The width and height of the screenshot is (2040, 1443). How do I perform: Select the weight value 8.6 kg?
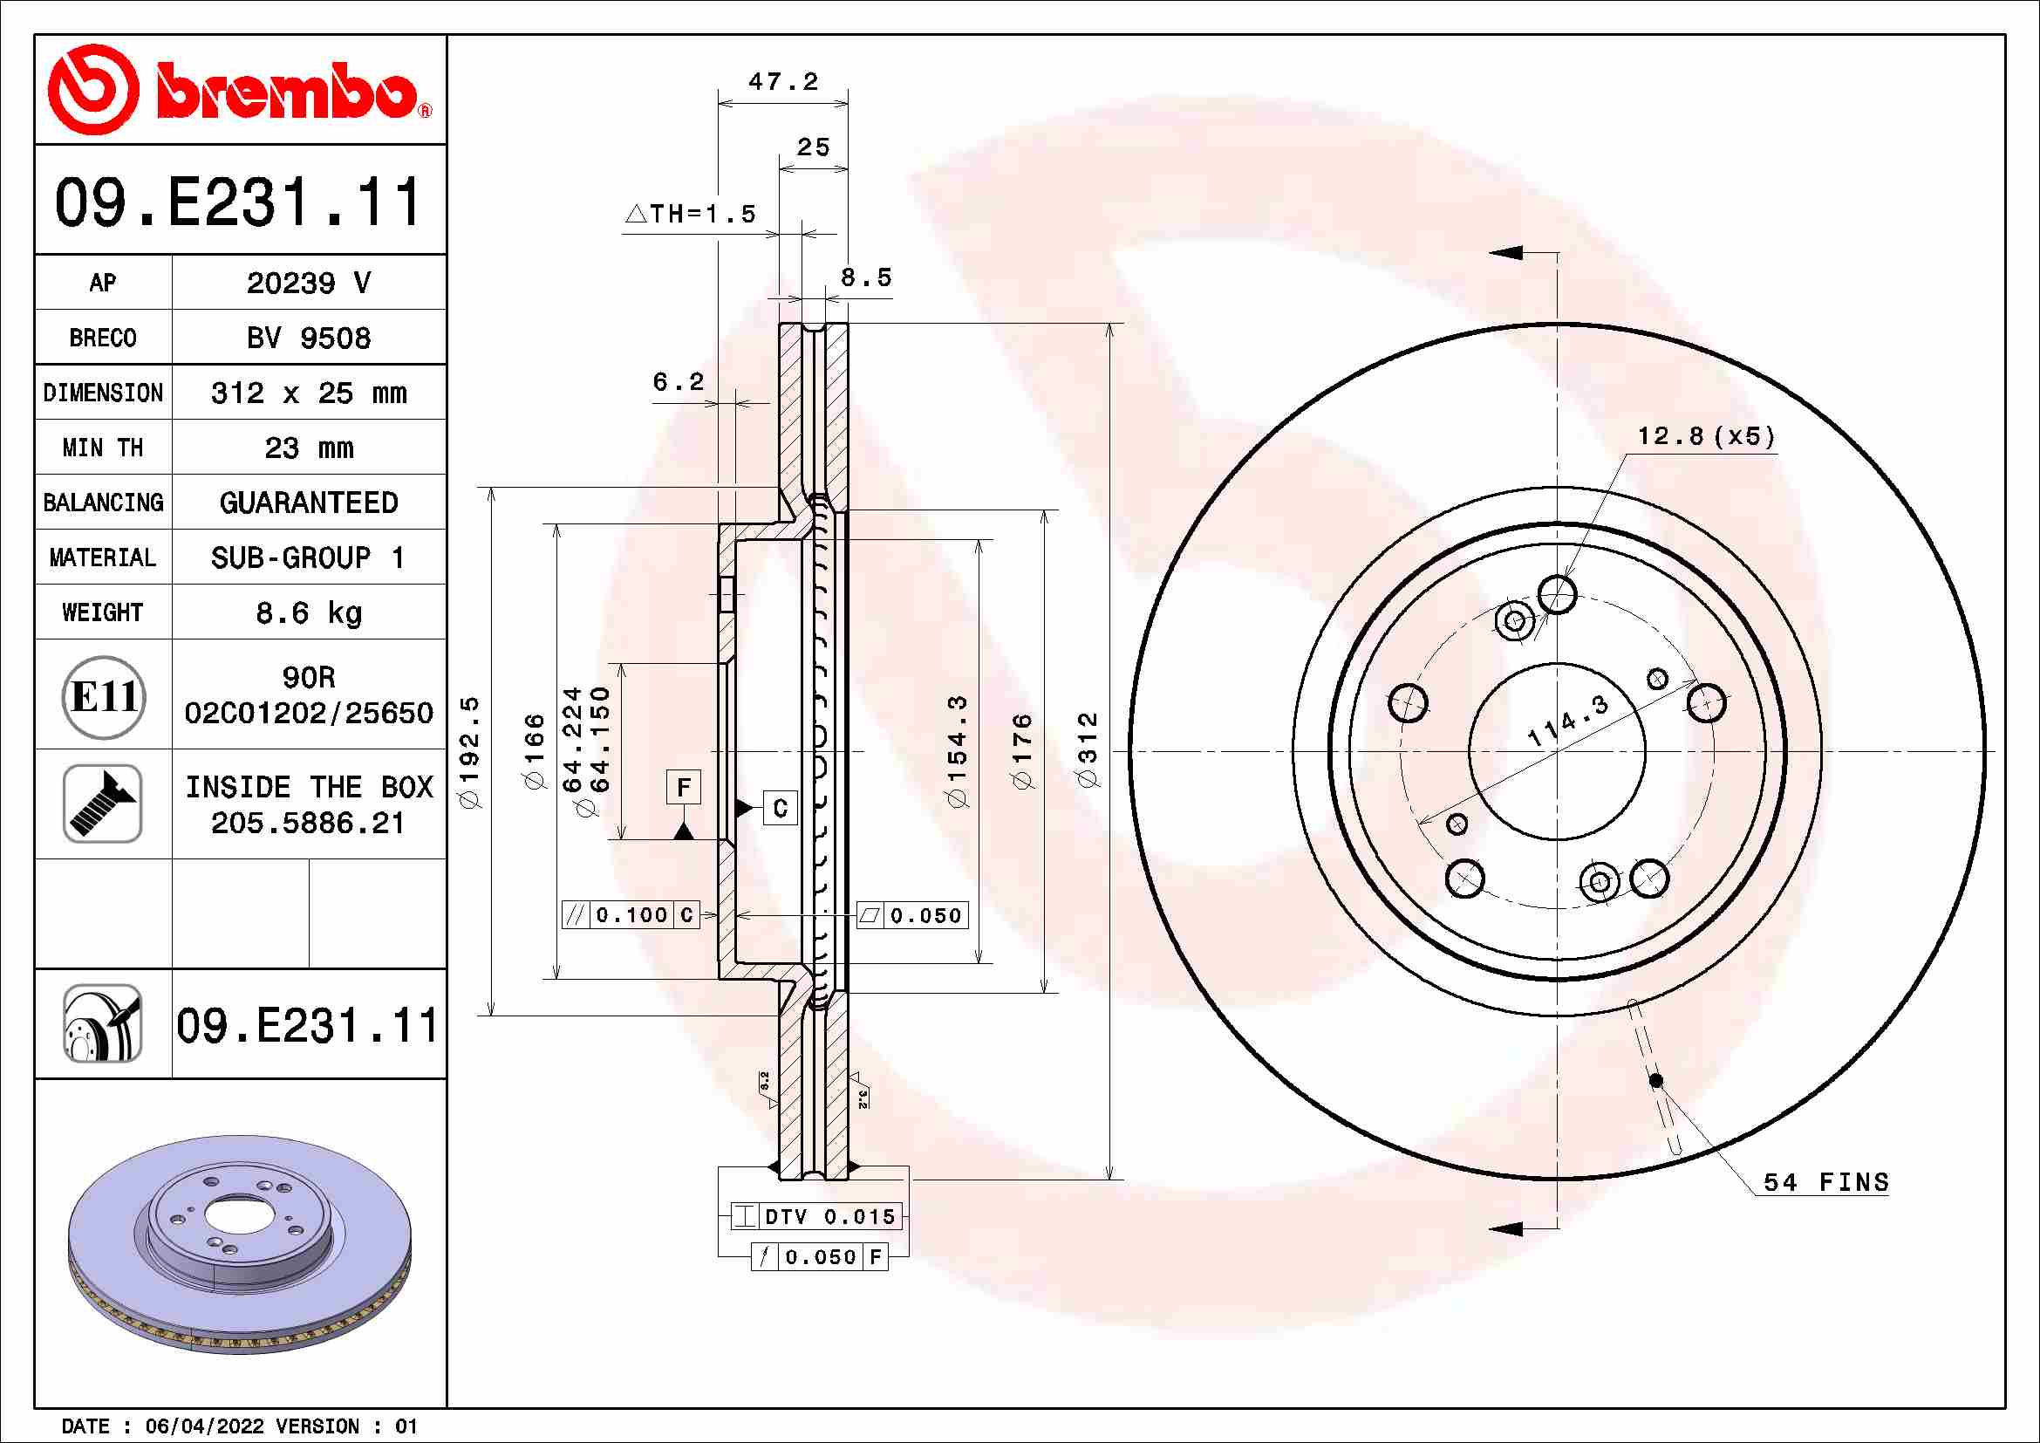(x=308, y=613)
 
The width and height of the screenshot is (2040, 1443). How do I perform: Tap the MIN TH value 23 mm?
(x=308, y=448)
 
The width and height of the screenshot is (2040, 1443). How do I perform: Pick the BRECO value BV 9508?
(x=308, y=339)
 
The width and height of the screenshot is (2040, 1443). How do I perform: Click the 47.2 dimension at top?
(x=782, y=82)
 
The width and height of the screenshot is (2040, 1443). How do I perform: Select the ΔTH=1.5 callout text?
(x=692, y=214)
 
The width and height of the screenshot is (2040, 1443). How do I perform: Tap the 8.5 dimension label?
(x=865, y=278)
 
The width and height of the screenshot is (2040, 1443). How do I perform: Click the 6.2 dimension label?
(x=678, y=382)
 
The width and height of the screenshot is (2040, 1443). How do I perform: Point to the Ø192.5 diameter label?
(x=470, y=752)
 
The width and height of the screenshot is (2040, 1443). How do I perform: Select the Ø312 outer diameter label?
(x=1088, y=749)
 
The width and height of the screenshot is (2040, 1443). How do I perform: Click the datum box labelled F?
(x=683, y=787)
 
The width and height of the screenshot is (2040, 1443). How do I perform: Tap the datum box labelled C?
(x=779, y=809)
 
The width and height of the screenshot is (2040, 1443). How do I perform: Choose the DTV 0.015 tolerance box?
(x=815, y=1216)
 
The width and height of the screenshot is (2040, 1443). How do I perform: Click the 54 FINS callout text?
(x=1825, y=1183)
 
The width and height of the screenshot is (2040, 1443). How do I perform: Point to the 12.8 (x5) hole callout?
(x=1705, y=436)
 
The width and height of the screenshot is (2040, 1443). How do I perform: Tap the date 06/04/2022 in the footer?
(x=204, y=1426)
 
